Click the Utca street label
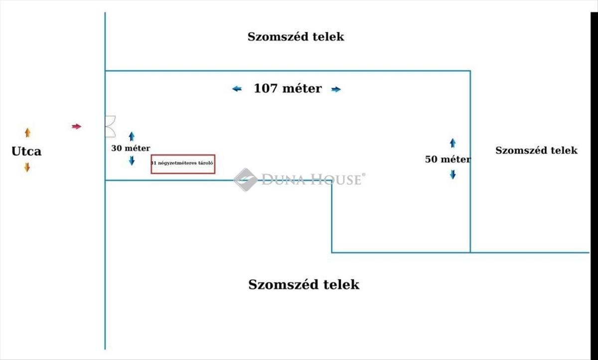(26, 152)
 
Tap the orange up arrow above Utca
(27, 133)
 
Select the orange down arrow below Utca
(27, 168)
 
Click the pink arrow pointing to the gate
(76, 126)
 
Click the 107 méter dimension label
(288, 88)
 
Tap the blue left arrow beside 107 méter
(237, 89)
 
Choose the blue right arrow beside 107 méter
(336, 89)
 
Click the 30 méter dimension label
(131, 148)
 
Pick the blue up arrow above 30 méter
(132, 137)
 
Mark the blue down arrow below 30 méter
(132, 161)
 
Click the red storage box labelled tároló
(183, 164)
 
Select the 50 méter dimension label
(448, 160)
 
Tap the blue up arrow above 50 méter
(453, 143)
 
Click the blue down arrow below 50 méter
(453, 175)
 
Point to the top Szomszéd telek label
(296, 37)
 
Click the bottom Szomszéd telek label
(304, 285)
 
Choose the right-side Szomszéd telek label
(536, 151)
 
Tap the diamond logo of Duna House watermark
(245, 180)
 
